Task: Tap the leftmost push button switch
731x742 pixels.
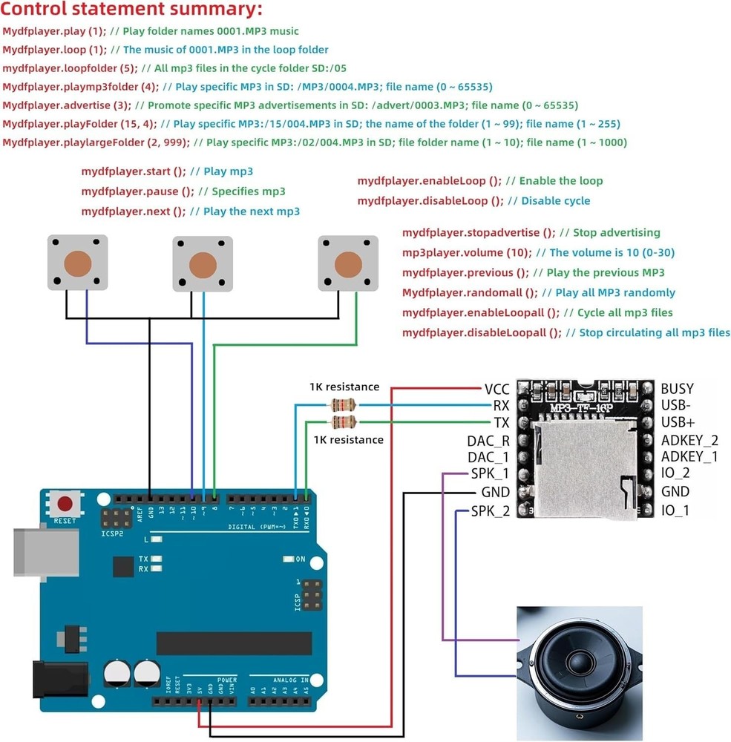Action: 77,263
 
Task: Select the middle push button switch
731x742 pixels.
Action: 203,263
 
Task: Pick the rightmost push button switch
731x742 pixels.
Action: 347,263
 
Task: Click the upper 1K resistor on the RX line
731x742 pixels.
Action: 342,404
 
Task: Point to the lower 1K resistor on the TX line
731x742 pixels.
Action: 342,423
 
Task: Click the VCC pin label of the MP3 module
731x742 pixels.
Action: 496,389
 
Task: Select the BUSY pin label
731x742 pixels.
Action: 678,389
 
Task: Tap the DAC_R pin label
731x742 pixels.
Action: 488,441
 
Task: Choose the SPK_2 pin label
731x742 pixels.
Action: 490,510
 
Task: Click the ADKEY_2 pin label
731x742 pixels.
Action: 689,441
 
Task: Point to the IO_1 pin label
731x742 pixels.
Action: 675,510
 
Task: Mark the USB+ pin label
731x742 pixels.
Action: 676,423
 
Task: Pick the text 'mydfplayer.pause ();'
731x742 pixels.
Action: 134,191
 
